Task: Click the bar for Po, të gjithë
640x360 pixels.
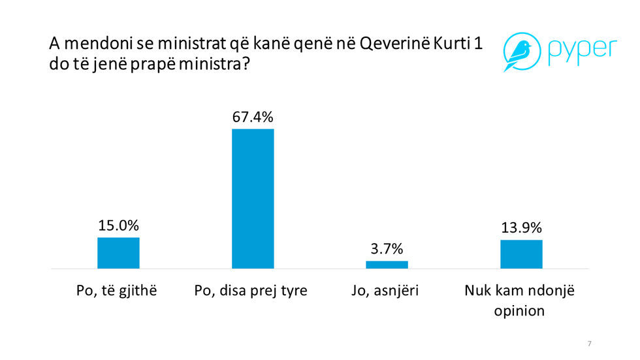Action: pyautogui.click(x=118, y=253)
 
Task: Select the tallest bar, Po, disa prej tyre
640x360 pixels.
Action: pyautogui.click(x=253, y=199)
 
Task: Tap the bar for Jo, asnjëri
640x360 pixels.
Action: pyautogui.click(x=387, y=265)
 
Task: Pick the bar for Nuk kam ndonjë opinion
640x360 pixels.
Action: pyautogui.click(x=521, y=254)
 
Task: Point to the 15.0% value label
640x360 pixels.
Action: pyautogui.click(x=118, y=225)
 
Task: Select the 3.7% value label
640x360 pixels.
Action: pyautogui.click(x=387, y=249)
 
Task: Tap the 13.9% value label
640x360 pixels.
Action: pyautogui.click(x=521, y=228)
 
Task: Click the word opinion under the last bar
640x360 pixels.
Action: pyautogui.click(x=519, y=310)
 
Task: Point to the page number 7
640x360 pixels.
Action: pyautogui.click(x=590, y=344)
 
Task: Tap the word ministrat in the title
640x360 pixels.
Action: pyautogui.click(x=195, y=46)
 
